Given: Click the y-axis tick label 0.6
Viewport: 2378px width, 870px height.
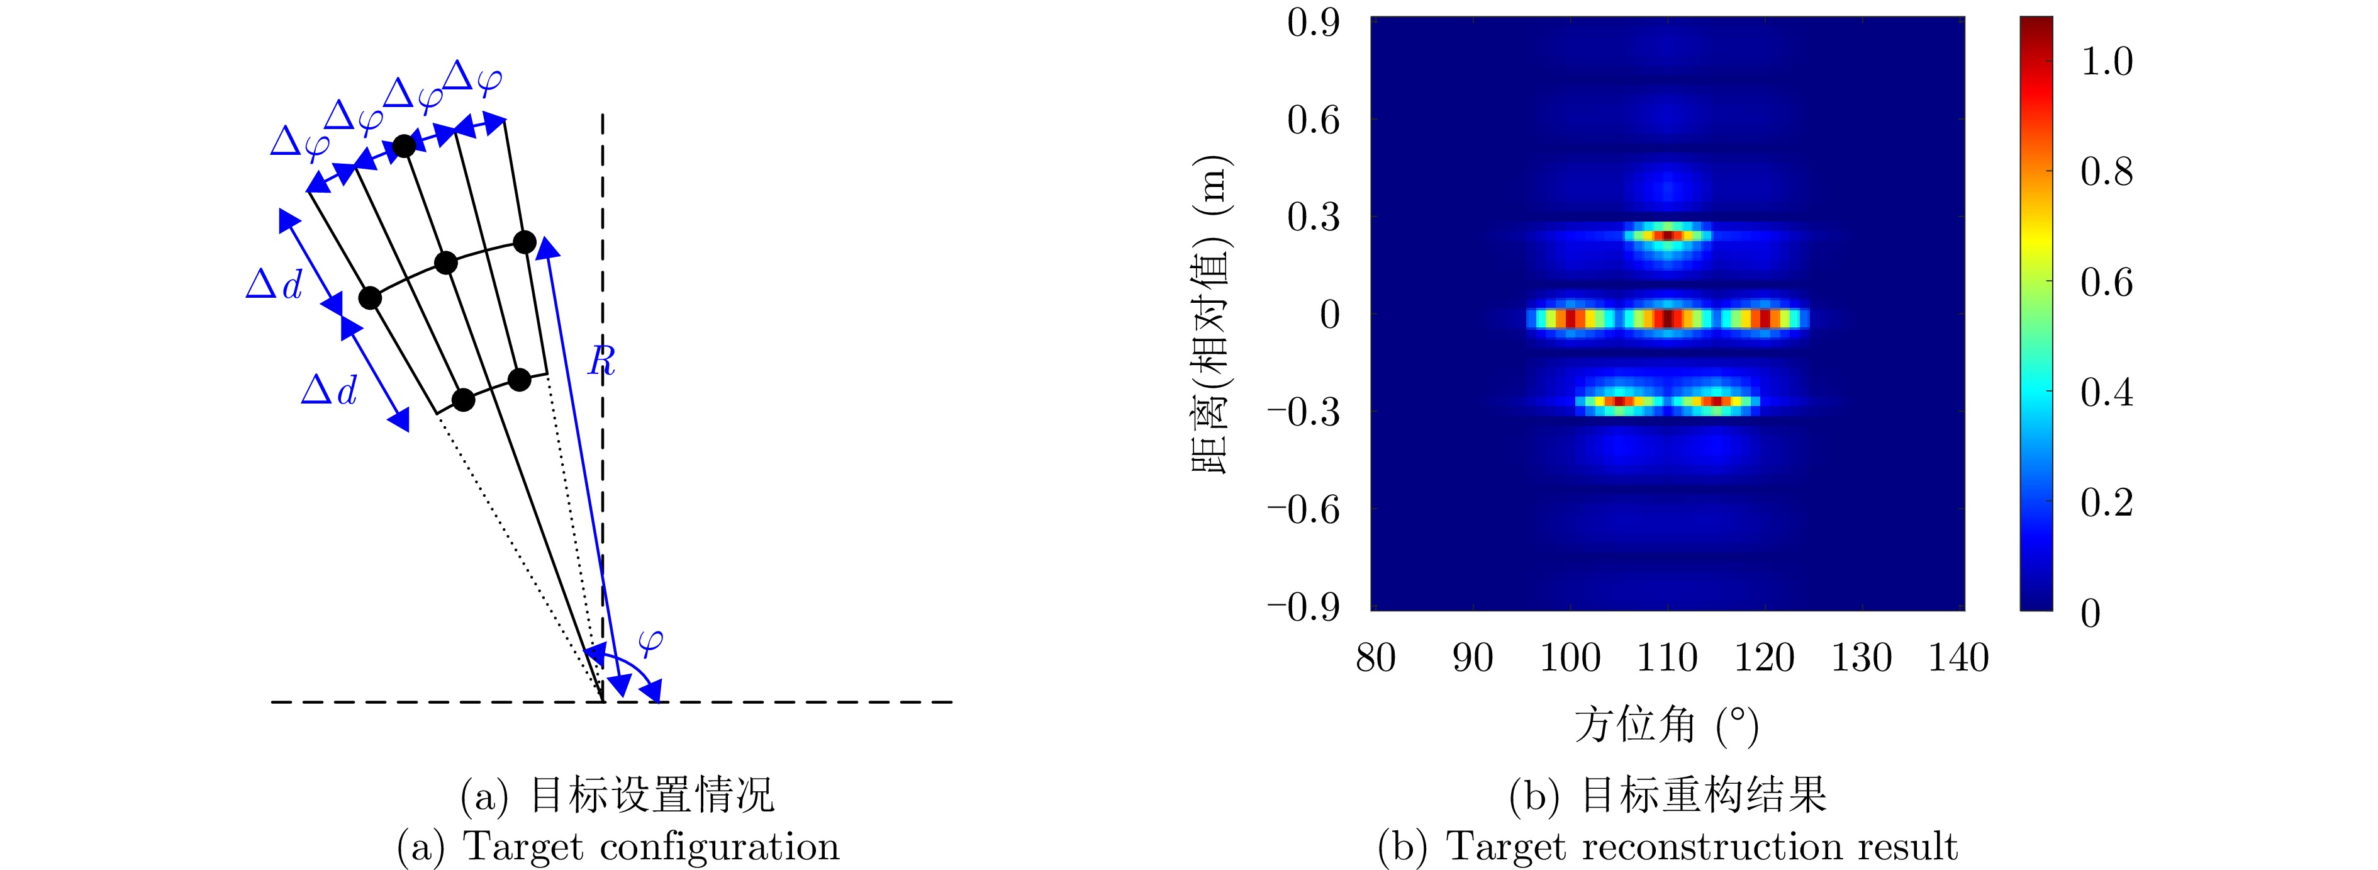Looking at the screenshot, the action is tap(1313, 120).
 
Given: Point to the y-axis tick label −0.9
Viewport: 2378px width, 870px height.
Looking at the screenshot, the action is tap(1302, 607).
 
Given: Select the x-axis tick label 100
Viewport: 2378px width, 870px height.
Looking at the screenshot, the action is tap(1570, 658).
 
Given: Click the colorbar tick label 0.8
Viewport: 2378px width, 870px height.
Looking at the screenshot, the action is tap(2107, 172).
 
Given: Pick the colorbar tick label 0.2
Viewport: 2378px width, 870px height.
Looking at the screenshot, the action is tap(2107, 502).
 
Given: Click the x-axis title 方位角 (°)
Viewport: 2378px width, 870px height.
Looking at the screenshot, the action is tap(1666, 725).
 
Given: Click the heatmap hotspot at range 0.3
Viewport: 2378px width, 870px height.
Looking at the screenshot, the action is tap(1667, 235).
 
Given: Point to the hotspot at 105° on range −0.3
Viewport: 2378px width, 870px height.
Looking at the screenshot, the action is tap(1619, 402).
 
